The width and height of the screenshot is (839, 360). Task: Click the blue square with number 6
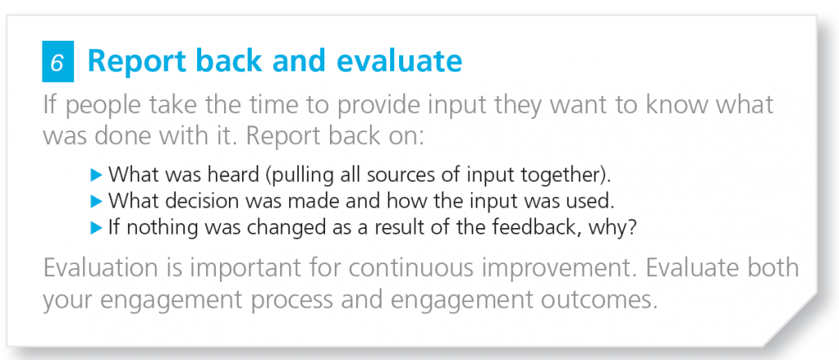[x=58, y=62]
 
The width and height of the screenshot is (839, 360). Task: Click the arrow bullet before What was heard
[x=96, y=174]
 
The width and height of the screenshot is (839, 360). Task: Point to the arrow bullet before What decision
[x=96, y=201]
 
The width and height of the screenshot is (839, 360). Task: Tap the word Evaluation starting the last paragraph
[x=103, y=268]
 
